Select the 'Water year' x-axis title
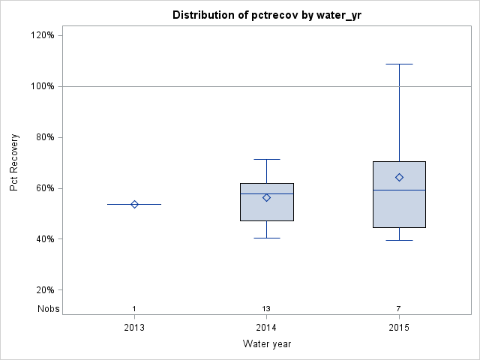coord(266,344)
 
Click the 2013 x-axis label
coord(134,328)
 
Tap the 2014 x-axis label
coord(266,328)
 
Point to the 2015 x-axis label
coord(399,328)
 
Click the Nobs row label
coord(48,309)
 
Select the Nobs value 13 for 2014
coord(266,309)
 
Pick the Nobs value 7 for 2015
coord(399,309)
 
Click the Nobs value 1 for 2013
coord(134,309)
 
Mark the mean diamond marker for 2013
coord(134,204)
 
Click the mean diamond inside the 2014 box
coord(266,197)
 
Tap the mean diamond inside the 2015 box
coord(399,177)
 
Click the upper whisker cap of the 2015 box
coord(399,64)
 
